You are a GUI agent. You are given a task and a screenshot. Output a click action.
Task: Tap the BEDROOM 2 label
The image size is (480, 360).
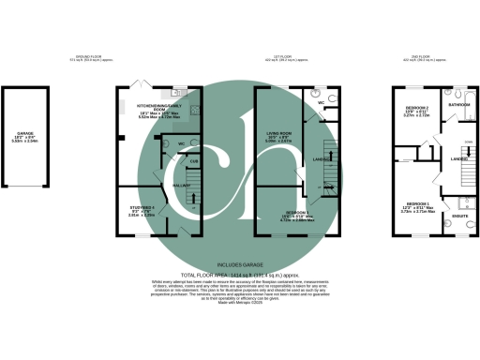417,110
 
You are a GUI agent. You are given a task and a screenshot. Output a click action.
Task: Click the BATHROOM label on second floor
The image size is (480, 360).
459,106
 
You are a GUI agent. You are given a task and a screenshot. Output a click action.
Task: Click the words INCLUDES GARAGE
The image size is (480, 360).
239,265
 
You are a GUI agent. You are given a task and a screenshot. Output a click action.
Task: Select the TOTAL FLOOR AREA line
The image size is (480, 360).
239,276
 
